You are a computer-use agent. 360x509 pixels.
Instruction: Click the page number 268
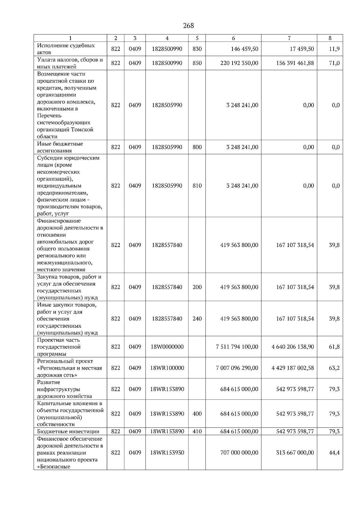[x=188, y=26]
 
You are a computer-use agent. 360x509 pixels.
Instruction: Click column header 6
[x=233, y=38]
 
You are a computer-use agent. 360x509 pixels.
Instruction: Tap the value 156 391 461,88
[x=295, y=63]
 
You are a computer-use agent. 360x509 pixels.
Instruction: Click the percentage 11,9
[x=334, y=49]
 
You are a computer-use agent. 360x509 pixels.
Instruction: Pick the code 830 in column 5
[x=197, y=49]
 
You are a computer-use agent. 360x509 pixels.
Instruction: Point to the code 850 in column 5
[x=197, y=63]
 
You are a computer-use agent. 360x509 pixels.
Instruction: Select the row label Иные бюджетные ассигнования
[x=60, y=147]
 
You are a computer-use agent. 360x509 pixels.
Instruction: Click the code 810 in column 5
[x=197, y=186]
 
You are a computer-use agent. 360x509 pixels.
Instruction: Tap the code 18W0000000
[x=167, y=347]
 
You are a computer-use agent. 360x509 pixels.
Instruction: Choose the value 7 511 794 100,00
[x=237, y=347]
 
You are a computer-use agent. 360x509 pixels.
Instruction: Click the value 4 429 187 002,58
[x=293, y=368]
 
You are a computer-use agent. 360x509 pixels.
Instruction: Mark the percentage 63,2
[x=334, y=368]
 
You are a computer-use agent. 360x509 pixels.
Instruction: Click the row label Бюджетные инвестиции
[x=68, y=432]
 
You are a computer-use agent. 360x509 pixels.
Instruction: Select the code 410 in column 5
[x=197, y=432]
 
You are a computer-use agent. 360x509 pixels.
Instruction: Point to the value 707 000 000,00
[x=239, y=453]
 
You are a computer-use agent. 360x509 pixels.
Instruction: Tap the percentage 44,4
[x=334, y=453]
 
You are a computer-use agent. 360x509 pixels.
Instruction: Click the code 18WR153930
[x=167, y=453]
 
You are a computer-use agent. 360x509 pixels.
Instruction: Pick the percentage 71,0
[x=334, y=63]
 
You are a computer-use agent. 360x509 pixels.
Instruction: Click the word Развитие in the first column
[x=49, y=382]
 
